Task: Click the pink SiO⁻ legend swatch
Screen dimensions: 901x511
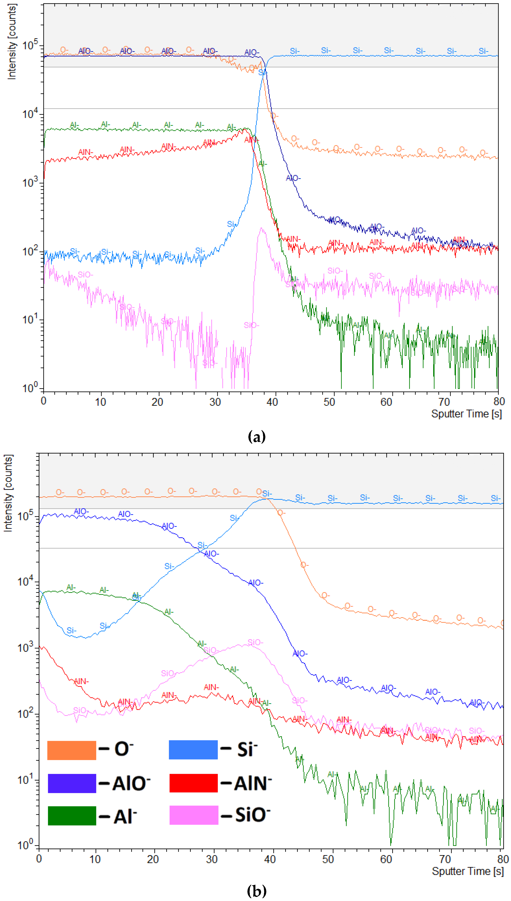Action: coord(194,815)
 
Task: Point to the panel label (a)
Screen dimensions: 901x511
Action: coord(257,437)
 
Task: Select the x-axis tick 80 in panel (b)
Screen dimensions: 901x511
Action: coord(503,859)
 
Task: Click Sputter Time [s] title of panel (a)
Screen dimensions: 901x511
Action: coord(466,414)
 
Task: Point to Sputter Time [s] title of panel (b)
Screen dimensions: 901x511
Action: coord(467,871)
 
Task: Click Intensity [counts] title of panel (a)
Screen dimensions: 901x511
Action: coord(12,42)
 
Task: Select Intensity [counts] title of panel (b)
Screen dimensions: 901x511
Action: coord(8,493)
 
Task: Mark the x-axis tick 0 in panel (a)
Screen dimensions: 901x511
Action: coord(44,401)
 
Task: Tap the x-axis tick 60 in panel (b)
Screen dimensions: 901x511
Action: coord(386,859)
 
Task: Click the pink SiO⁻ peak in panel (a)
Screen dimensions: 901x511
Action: coord(261,229)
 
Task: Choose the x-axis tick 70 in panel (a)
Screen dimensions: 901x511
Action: coord(444,402)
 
